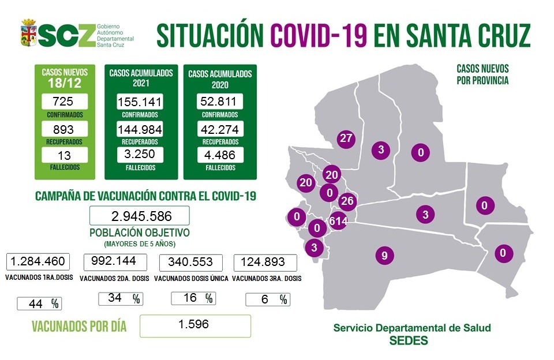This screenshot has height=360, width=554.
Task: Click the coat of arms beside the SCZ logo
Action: tap(29, 33)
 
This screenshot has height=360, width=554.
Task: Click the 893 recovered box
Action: tap(65, 128)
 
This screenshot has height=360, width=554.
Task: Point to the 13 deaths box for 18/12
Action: tap(65, 155)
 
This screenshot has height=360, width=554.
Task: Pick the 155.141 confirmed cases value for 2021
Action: tap(139, 102)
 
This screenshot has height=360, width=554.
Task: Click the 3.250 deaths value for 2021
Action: tap(139, 155)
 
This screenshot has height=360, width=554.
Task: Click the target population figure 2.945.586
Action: tap(139, 216)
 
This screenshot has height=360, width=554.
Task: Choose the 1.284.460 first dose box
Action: tap(38, 261)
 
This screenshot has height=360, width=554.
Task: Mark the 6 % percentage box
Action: tap(268, 299)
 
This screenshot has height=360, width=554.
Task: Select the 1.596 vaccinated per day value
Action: tap(195, 325)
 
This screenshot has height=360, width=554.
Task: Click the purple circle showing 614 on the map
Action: tap(338, 221)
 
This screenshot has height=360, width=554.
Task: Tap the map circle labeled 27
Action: tap(346, 138)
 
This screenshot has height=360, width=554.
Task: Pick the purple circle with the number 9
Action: tap(384, 254)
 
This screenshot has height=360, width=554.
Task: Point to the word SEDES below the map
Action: tap(409, 340)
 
